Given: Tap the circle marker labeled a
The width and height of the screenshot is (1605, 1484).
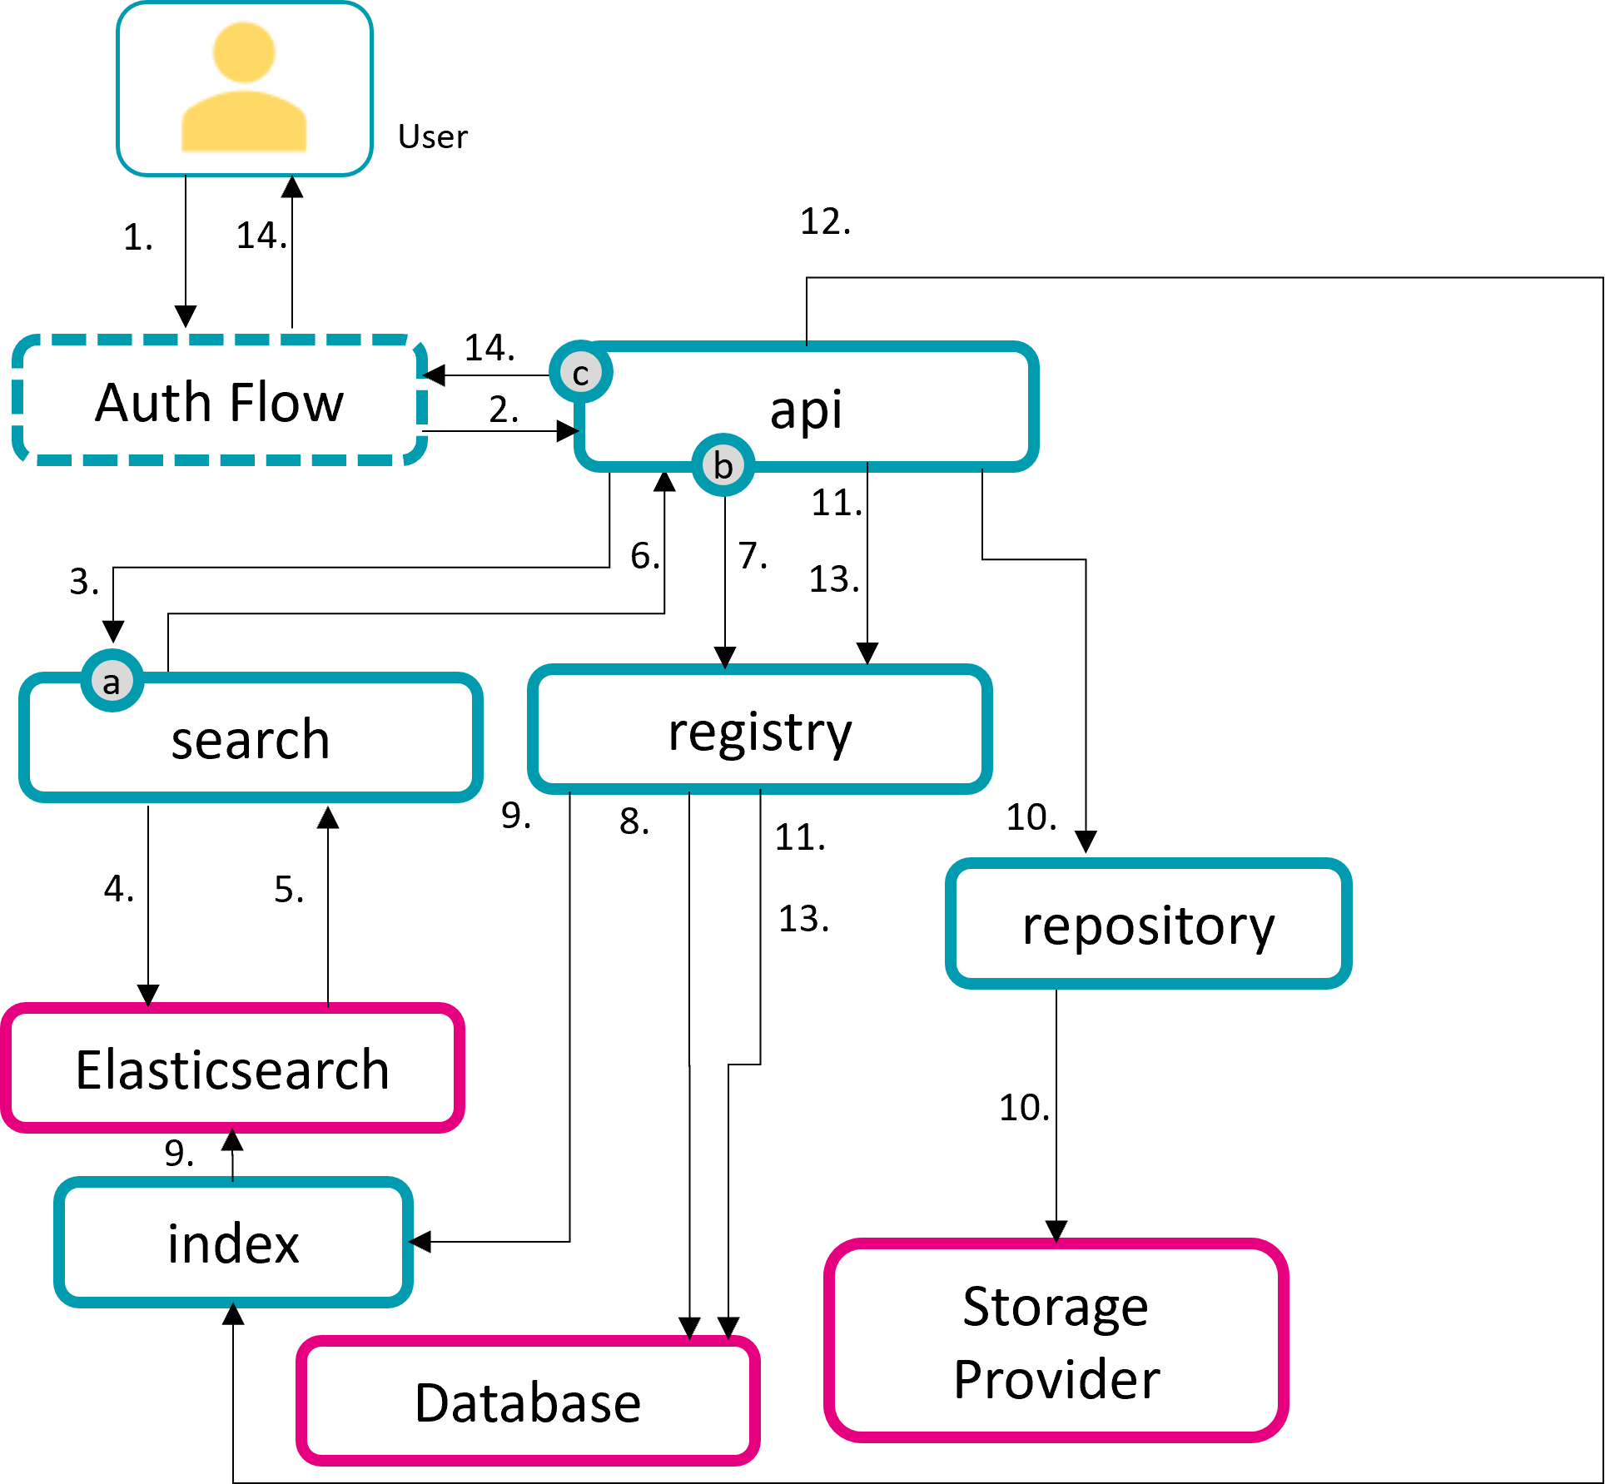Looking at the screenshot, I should click(112, 682).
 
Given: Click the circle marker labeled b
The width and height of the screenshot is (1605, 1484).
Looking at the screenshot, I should click(723, 464).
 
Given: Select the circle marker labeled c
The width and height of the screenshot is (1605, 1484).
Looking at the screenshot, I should click(581, 372).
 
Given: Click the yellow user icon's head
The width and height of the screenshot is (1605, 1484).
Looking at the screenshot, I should click(244, 52).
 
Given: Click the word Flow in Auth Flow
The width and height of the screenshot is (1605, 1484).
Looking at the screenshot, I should click(286, 403).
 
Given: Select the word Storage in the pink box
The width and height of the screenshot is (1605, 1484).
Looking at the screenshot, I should click(1056, 1306).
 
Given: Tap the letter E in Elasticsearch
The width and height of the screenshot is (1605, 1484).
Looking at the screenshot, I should click(88, 1070).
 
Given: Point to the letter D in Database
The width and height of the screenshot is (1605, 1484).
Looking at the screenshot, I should click(430, 1403).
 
